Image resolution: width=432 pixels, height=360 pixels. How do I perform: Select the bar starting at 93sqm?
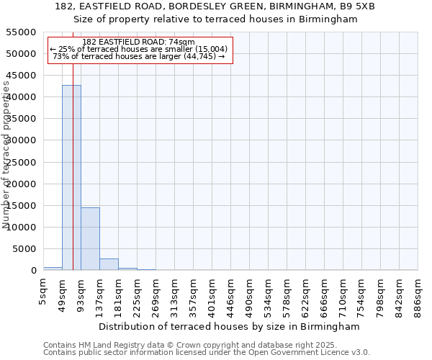coord(90,238)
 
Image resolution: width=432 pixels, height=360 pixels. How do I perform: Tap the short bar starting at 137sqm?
coord(109,264)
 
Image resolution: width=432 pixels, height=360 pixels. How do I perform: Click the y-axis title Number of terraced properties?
coord(6,155)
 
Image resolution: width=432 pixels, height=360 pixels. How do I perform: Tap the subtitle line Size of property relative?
coord(216,19)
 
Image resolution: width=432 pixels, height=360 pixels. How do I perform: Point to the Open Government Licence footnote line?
coord(207,353)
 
